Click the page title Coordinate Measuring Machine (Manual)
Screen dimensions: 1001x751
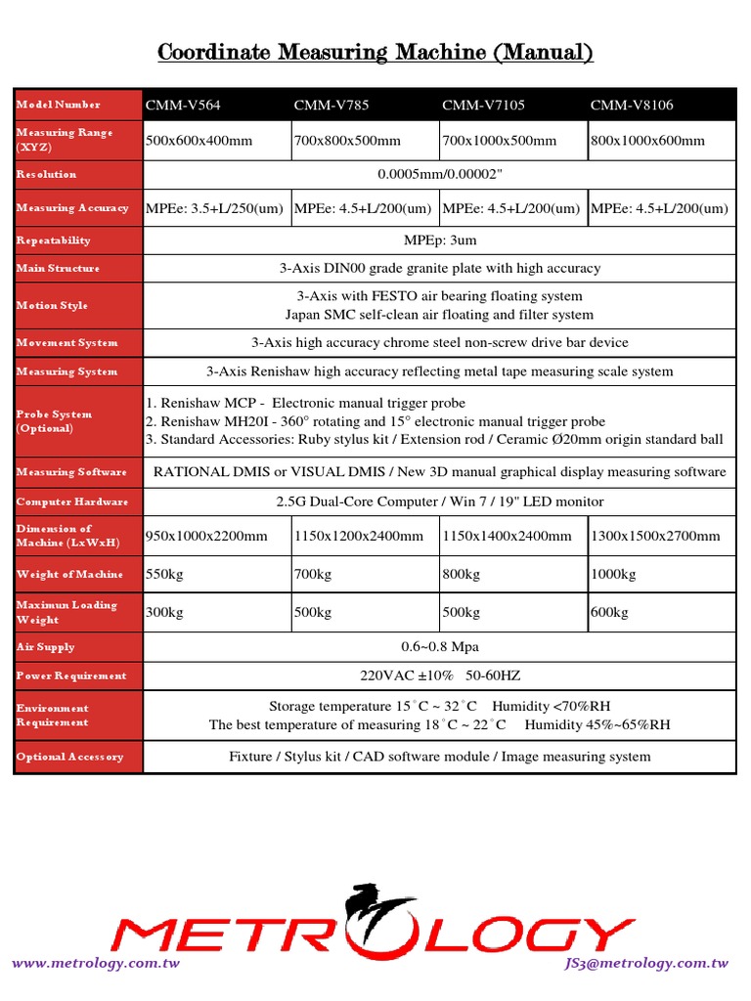pyautogui.click(x=375, y=52)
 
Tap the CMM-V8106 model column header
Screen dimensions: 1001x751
pyautogui.click(x=632, y=105)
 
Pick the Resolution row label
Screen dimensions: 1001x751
pyautogui.click(x=46, y=174)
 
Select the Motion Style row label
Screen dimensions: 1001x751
pyautogui.click(x=52, y=305)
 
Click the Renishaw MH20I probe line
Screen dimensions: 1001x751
pyautogui.click(x=375, y=421)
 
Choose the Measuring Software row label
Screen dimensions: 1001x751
pyautogui.click(x=71, y=472)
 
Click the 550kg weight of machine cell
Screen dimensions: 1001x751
pyautogui.click(x=164, y=574)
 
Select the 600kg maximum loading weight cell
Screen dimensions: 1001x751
pyautogui.click(x=608, y=612)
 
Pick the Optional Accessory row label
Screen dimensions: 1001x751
pyautogui.click(x=69, y=757)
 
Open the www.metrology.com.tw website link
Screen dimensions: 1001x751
pyautogui.click(x=96, y=963)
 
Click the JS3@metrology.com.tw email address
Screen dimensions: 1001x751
pyautogui.click(x=647, y=963)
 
